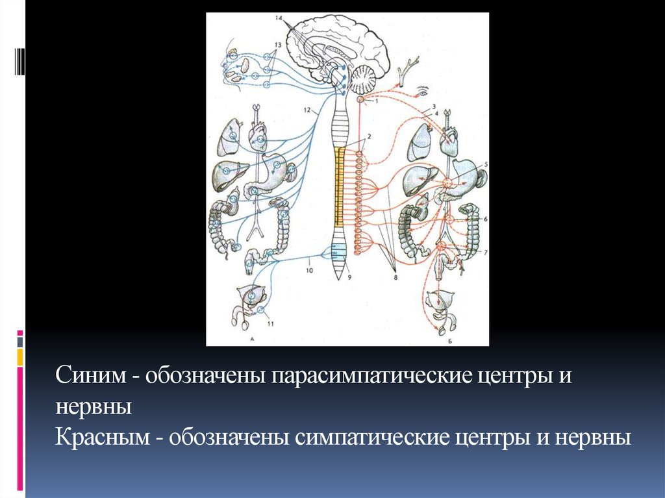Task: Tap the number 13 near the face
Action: pyautogui.click(x=277, y=44)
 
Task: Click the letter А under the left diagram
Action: pyautogui.click(x=251, y=338)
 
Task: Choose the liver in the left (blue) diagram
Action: pyautogui.click(x=225, y=173)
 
